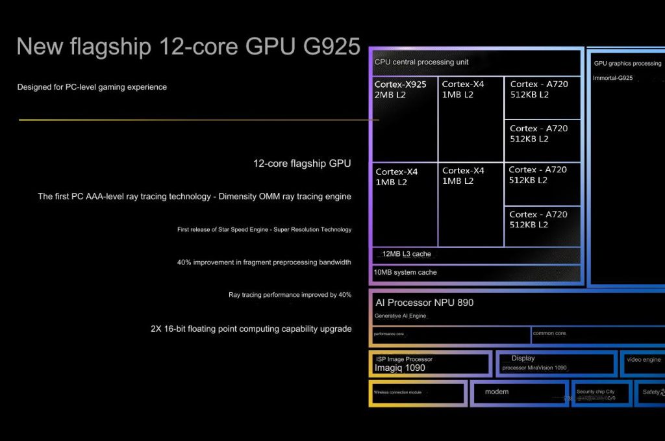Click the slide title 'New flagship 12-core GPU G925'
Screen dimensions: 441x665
[188, 47]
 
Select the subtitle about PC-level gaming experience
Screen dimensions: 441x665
[92, 87]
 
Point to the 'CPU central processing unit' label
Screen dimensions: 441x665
[421, 62]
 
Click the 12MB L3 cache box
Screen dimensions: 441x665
[476, 255]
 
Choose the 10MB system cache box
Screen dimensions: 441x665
[476, 273]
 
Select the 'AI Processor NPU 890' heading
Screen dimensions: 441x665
[425, 303]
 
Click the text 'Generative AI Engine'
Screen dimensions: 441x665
[401, 316]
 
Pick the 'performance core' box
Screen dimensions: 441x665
[451, 334]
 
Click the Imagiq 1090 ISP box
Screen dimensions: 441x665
[429, 364]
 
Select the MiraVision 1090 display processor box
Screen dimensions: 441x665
[556, 364]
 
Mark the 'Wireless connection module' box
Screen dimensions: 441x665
[418, 393]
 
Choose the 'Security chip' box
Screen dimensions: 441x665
[601, 394]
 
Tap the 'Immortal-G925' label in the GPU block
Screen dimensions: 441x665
[613, 79]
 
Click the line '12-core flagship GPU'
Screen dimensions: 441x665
[302, 164]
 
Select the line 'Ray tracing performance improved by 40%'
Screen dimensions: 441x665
[290, 295]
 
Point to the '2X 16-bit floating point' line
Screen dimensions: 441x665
[251, 329]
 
